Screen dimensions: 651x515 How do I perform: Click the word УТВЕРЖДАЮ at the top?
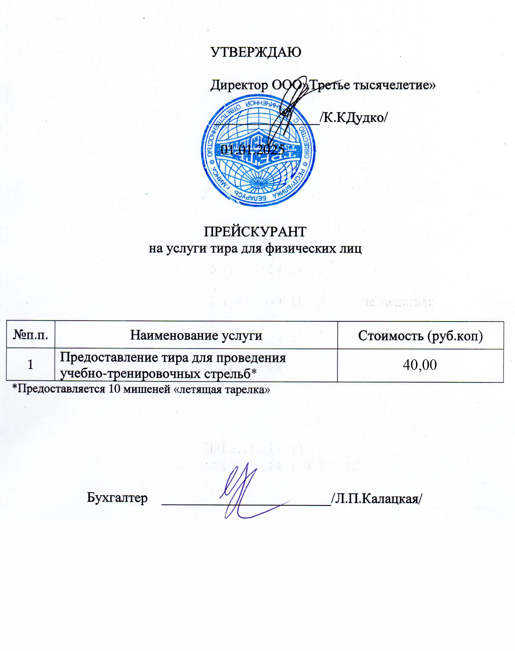coord(256,52)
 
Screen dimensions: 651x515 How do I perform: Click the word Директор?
coord(239,85)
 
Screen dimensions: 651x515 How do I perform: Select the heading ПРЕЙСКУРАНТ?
coord(255,232)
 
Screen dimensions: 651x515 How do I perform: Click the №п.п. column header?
coord(31,335)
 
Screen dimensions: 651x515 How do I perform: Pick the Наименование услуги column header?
coord(196,335)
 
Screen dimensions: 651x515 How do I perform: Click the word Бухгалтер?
coord(117,498)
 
